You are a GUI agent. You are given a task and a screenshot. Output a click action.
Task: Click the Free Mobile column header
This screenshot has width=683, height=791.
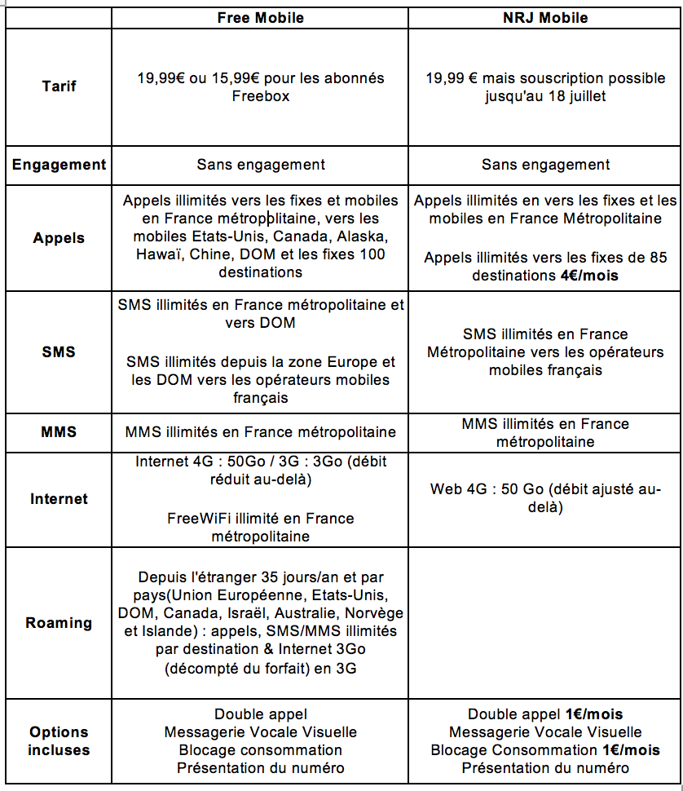[x=260, y=18]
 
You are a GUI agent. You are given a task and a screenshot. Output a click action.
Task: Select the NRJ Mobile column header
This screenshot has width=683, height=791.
[x=545, y=18]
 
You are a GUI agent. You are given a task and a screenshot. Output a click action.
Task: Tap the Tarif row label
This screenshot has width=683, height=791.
[x=59, y=86]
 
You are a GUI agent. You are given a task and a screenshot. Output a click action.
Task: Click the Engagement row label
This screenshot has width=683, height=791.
[x=59, y=165]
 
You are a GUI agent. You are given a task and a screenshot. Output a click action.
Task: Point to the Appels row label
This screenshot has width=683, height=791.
[x=59, y=238]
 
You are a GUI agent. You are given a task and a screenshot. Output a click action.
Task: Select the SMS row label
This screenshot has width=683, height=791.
[x=59, y=351]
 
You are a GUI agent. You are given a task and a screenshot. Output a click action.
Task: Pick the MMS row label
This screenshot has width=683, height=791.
[x=59, y=432]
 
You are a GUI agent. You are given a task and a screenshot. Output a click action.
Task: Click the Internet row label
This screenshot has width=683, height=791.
[x=59, y=498]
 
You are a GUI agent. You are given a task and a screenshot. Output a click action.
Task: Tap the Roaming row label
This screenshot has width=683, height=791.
[x=59, y=623]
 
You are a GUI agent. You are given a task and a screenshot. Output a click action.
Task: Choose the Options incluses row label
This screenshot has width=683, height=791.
[x=59, y=740]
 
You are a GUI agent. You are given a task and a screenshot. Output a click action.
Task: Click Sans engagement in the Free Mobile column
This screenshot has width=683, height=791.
[x=260, y=165]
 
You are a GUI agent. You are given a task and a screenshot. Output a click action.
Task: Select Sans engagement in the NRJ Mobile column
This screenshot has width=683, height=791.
[x=545, y=165]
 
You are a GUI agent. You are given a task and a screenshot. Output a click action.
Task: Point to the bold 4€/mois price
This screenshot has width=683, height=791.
[x=589, y=276]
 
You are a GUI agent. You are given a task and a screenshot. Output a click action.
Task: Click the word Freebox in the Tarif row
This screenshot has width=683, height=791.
[x=260, y=96]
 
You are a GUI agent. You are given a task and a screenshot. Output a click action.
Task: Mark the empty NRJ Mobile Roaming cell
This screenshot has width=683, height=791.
[x=545, y=623]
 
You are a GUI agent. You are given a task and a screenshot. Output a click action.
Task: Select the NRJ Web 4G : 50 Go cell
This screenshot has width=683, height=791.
[x=545, y=498]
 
